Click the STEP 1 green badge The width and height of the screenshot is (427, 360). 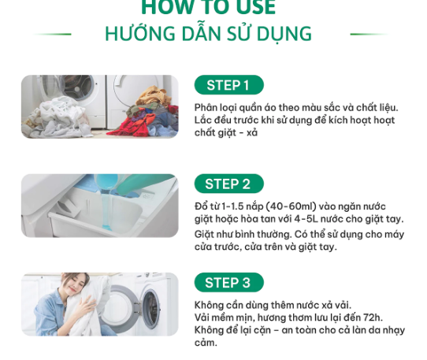tap(228, 85)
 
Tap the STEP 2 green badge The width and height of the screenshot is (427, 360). tap(228, 184)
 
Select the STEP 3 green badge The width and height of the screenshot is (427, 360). tap(228, 282)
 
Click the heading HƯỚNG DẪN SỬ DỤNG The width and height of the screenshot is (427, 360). tap(208, 33)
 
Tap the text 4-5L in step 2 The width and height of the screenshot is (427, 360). tap(306, 219)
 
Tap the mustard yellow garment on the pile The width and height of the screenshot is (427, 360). tap(153, 95)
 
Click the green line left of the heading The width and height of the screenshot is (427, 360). tap(52, 35)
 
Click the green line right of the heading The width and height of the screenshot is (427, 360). tap(369, 35)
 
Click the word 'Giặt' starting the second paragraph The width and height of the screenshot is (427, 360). tap(204, 235)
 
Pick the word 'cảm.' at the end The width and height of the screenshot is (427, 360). tap(206, 343)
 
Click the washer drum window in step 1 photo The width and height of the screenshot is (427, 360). tap(78, 87)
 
